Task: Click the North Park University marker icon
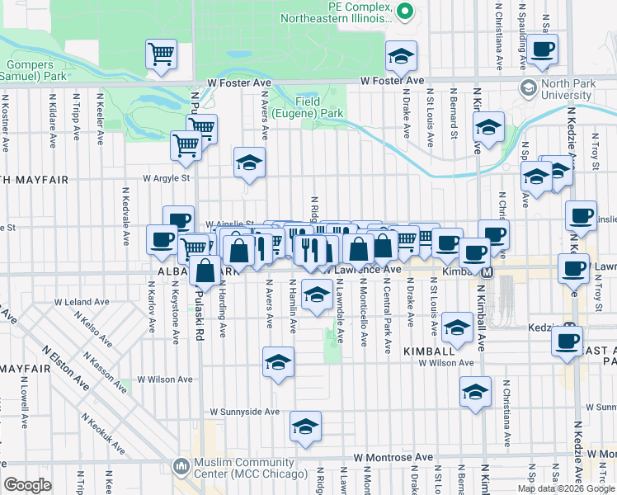[x=528, y=87]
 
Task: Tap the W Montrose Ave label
[x=393, y=456]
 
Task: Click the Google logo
[x=28, y=484]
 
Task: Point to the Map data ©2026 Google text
[x=566, y=488]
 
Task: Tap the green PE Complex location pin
[x=404, y=11]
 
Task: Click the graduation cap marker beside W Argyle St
[x=249, y=163]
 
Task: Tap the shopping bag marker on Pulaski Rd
[x=205, y=270]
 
